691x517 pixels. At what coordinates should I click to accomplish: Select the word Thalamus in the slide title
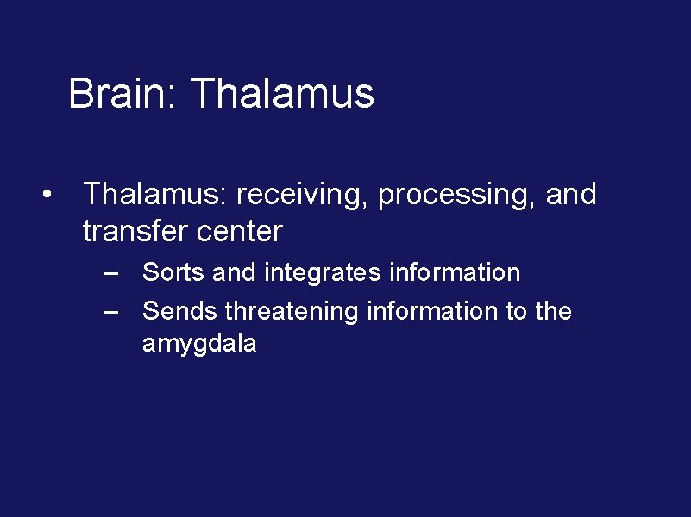click(282, 93)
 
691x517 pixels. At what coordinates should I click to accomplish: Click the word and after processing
click(571, 195)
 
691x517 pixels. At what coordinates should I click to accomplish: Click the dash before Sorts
click(110, 273)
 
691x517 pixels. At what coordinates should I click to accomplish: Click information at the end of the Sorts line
click(455, 272)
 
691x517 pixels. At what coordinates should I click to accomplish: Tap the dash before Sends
click(110, 311)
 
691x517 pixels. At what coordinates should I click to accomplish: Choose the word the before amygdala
click(553, 310)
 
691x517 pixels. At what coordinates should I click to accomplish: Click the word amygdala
click(199, 346)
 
